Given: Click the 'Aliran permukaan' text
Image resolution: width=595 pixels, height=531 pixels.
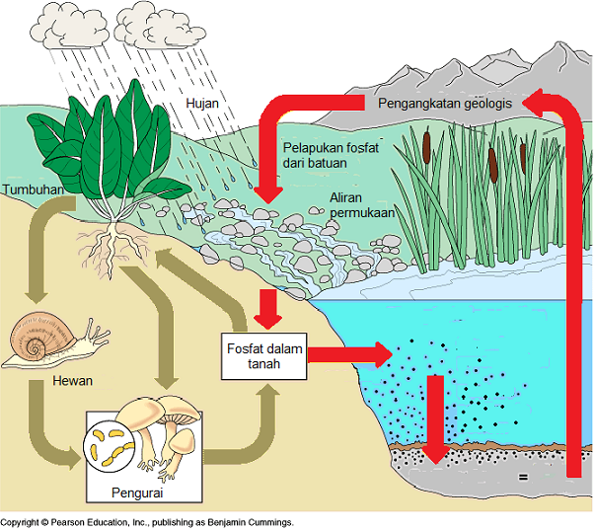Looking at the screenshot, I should [x=363, y=203].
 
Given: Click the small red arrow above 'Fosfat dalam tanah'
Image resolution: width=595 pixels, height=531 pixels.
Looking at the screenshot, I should [x=264, y=308].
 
